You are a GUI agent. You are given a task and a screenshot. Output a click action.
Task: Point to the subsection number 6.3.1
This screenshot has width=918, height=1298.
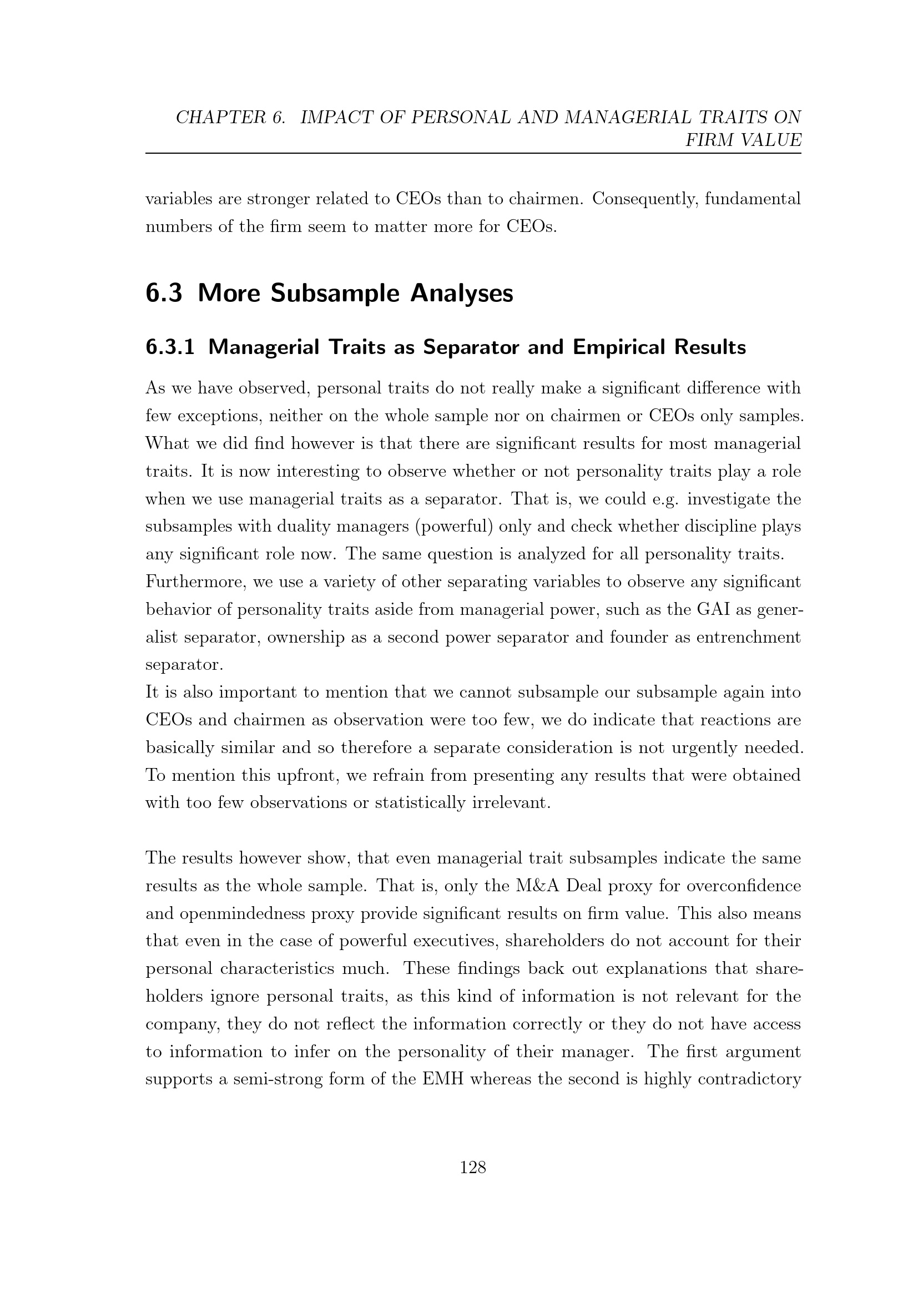(170, 347)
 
